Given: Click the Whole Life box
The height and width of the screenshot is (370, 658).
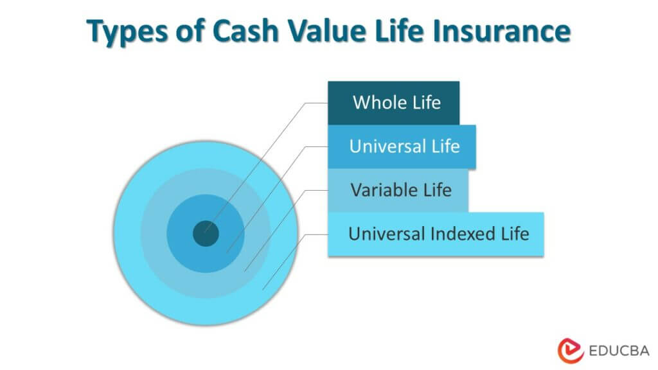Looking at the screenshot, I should pyautogui.click(x=393, y=103).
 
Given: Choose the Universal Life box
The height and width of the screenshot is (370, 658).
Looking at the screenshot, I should pyautogui.click(x=402, y=146).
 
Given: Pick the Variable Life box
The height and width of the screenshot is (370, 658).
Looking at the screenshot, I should pyautogui.click(x=398, y=190).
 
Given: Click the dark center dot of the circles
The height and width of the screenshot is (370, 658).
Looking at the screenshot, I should pyautogui.click(x=206, y=233).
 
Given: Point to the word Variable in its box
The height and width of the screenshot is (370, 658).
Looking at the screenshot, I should pyautogui.click(x=383, y=190).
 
